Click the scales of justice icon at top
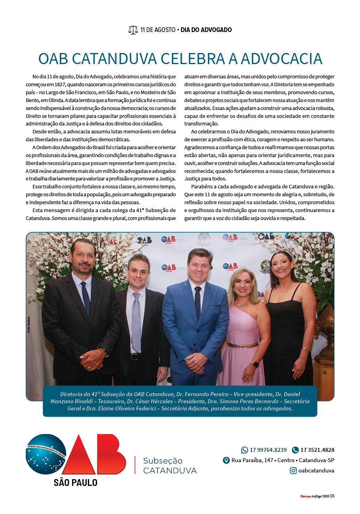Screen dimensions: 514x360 (133, 30)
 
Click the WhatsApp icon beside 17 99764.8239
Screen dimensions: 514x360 (244, 450)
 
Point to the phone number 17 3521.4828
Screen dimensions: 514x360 (317, 450)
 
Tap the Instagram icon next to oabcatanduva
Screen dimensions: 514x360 (293, 470)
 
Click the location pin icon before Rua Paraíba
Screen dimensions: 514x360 (226, 460)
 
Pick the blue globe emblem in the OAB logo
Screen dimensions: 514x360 (46, 454)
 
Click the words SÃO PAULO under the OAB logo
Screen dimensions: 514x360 (76, 482)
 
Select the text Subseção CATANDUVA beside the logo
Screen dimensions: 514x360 (170, 466)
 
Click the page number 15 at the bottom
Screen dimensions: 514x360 (332, 496)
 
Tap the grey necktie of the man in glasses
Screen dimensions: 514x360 (136, 320)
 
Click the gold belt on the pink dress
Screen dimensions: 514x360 (242, 345)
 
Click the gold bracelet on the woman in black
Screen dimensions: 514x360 (305, 349)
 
